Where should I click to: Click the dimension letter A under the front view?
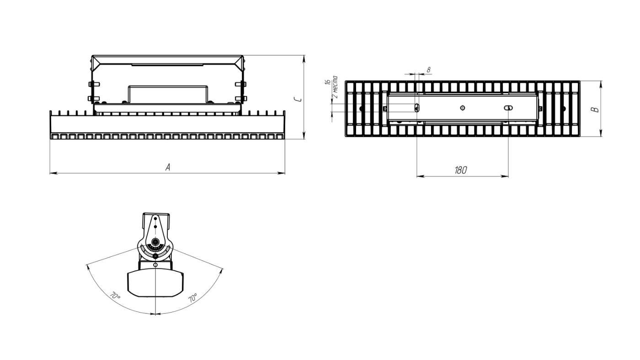click(168, 167)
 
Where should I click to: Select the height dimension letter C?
click(298, 100)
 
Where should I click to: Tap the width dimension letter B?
click(596, 110)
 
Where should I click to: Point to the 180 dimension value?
click(461, 170)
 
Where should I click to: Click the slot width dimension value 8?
click(429, 69)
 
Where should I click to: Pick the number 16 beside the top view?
click(328, 82)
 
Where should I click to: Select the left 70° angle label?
click(115, 296)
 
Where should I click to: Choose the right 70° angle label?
click(192, 298)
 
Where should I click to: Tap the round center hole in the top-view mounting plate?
click(463, 108)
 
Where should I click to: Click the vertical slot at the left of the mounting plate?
click(417, 108)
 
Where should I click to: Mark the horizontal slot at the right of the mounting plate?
click(508, 108)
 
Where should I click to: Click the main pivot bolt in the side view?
click(155, 242)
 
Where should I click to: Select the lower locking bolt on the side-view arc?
click(155, 256)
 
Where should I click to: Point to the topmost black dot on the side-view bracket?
click(155, 218)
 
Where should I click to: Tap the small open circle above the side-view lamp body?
click(155, 265)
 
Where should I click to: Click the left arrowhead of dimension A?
click(53, 173)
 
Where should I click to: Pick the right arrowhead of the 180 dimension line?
click(505, 176)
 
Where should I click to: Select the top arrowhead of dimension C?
click(304, 58)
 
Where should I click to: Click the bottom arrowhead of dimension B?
click(601, 133)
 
